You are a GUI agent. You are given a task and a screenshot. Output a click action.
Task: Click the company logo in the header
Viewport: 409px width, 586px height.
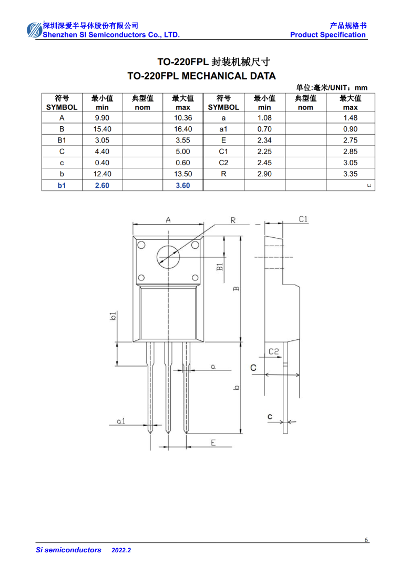point(34,31)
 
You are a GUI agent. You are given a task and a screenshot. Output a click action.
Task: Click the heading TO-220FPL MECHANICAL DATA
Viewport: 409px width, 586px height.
point(202,76)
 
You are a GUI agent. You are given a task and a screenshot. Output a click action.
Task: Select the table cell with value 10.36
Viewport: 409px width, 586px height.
point(183,118)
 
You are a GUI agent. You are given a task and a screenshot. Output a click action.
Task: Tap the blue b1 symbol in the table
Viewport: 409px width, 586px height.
point(62,185)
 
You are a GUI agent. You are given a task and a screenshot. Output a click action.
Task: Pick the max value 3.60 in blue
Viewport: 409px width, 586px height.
point(183,185)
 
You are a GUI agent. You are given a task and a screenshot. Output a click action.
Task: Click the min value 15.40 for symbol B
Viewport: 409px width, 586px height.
point(102,129)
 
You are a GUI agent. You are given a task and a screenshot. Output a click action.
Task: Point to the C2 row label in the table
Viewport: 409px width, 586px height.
point(223,163)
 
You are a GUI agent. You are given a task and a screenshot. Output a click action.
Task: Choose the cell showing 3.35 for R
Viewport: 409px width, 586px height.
point(350,174)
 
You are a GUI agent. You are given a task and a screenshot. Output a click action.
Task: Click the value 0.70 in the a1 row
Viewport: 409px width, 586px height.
point(264,129)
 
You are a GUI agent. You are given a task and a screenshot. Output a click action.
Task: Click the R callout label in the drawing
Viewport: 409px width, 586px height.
point(233,220)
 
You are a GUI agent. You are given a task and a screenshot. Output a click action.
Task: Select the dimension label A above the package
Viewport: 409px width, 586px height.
point(168,220)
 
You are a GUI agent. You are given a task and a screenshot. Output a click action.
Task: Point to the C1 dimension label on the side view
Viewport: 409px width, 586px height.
point(303,219)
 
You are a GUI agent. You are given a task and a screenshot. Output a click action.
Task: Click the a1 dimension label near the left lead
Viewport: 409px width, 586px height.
point(121,421)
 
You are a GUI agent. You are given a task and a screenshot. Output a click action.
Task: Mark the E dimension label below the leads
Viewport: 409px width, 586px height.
point(213,442)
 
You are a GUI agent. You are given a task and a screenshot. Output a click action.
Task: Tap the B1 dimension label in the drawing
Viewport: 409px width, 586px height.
point(220,267)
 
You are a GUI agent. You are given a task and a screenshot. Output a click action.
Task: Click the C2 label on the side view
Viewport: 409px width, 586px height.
point(274,351)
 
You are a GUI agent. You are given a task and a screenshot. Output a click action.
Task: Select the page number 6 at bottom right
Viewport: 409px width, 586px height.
point(366,540)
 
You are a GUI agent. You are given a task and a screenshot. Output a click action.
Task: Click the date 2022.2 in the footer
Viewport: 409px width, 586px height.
point(121,550)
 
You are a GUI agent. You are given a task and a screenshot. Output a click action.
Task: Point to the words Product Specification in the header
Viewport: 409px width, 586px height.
point(328,35)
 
